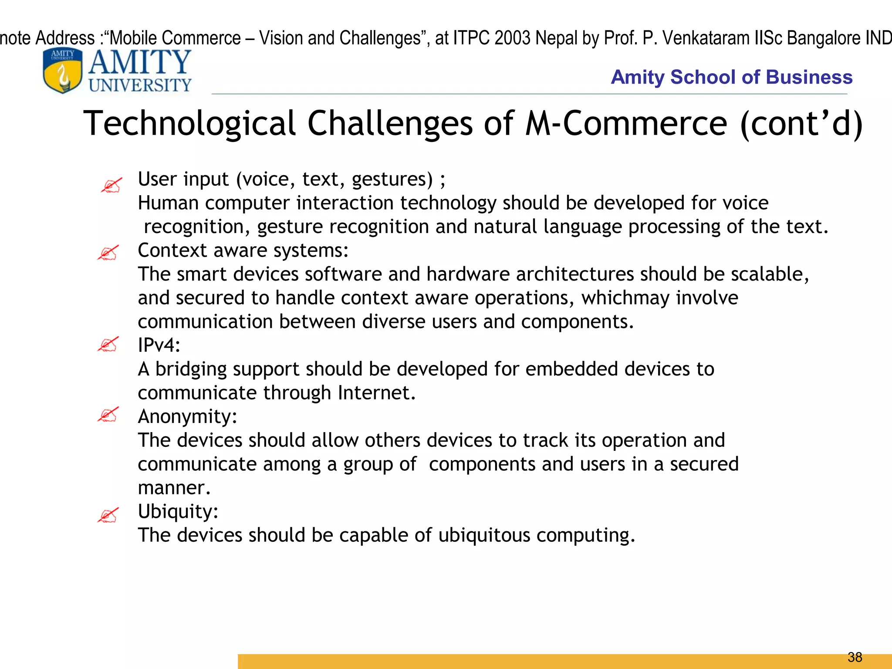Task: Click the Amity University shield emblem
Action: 63,71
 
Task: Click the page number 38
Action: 855,657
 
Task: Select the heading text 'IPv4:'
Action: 159,345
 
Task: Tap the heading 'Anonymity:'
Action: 187,416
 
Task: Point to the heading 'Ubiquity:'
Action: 178,511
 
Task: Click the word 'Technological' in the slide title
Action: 189,124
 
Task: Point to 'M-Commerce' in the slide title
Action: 626,124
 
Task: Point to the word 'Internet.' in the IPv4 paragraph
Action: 377,393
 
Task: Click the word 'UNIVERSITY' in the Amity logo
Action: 140,85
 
